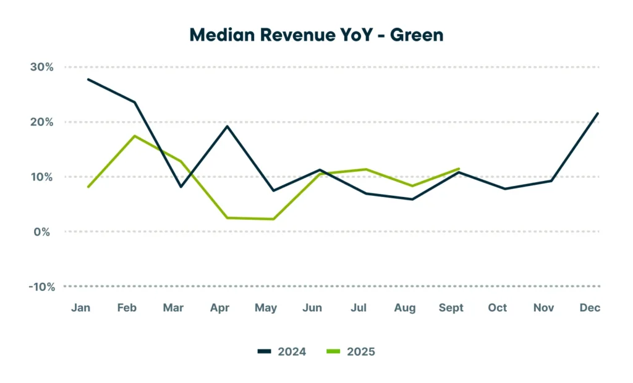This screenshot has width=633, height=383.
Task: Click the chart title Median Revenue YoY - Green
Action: [316, 35]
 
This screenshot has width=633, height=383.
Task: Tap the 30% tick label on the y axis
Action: [41, 67]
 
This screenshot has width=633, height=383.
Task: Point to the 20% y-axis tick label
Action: [41, 122]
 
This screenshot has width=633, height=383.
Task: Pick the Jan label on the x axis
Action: [81, 308]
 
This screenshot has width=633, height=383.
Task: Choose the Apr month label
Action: [220, 308]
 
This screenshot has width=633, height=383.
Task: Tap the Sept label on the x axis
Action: [451, 308]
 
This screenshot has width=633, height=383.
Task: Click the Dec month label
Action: [590, 308]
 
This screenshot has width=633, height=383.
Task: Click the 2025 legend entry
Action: [350, 351]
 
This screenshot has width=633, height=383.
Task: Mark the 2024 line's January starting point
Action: [88, 79]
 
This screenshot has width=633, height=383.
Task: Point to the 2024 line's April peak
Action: [227, 126]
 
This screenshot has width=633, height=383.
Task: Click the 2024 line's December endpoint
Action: [598, 113]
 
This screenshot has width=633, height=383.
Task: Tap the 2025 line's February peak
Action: [135, 136]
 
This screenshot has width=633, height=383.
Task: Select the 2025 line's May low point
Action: [273, 219]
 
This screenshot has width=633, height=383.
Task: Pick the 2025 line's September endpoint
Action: [459, 169]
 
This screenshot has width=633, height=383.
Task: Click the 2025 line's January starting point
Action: [88, 187]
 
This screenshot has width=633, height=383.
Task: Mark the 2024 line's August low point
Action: [412, 199]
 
